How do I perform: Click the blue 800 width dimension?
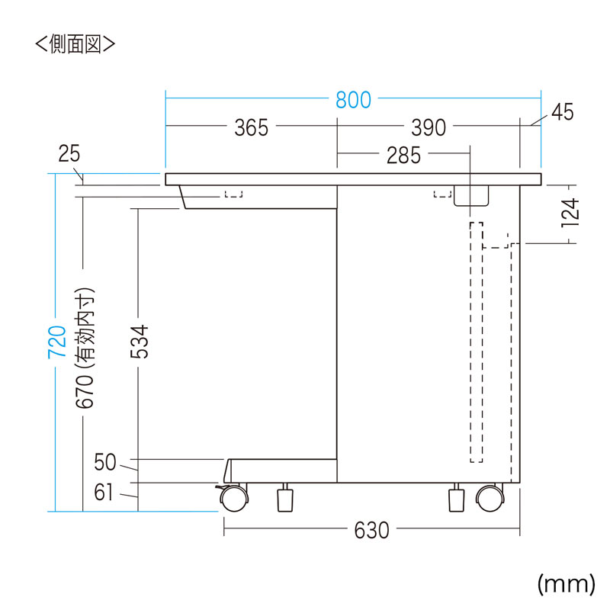pos(353,100)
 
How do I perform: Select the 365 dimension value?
pos(252,127)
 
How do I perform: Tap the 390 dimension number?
pos(429,127)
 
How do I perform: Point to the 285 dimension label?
pos(404,156)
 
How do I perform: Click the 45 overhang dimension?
pos(563,112)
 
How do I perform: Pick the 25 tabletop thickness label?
pos(69,153)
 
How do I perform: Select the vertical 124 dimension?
pos(570,213)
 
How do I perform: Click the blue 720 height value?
pos(56,342)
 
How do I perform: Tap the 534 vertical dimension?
pos(140,342)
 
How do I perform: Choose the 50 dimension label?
pos(105,462)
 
